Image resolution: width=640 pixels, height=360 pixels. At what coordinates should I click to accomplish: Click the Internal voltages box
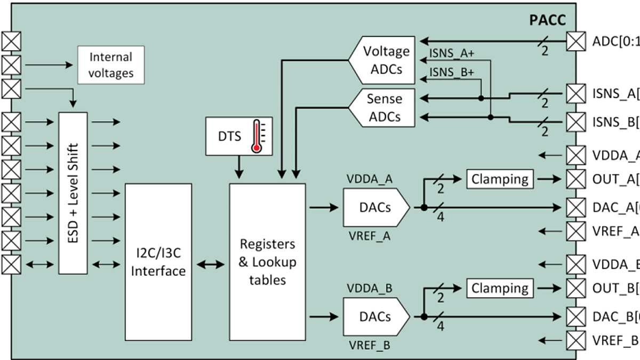click(x=111, y=65)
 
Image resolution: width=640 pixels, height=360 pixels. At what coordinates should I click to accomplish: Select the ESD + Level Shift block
click(x=74, y=192)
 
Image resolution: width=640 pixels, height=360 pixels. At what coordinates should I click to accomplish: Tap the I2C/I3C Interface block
click(x=158, y=262)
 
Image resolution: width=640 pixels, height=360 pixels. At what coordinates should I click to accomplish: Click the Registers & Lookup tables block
click(x=267, y=262)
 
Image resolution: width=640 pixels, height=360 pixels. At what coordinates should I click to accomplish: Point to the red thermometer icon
click(x=257, y=137)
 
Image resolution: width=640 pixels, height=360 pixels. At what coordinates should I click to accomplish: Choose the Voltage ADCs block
click(x=385, y=60)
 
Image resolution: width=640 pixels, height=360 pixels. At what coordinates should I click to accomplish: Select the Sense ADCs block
click(x=385, y=107)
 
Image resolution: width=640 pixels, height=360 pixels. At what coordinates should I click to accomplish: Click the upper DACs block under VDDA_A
click(x=375, y=207)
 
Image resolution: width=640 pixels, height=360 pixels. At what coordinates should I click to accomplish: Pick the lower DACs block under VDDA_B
click(x=375, y=316)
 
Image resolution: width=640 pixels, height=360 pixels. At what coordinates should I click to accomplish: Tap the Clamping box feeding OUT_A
click(x=500, y=179)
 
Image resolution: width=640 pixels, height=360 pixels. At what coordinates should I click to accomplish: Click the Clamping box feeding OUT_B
click(x=500, y=289)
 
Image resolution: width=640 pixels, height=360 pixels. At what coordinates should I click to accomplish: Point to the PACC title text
click(x=547, y=21)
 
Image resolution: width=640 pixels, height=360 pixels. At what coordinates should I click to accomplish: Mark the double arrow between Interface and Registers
click(x=211, y=263)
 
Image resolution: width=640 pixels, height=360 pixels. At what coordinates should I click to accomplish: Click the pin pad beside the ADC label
click(x=575, y=41)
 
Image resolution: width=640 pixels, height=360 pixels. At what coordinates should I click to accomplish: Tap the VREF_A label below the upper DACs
click(x=370, y=236)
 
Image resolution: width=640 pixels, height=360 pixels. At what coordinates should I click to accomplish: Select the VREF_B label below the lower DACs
click(x=370, y=345)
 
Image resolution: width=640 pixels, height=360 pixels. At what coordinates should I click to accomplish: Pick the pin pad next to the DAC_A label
click(x=575, y=206)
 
